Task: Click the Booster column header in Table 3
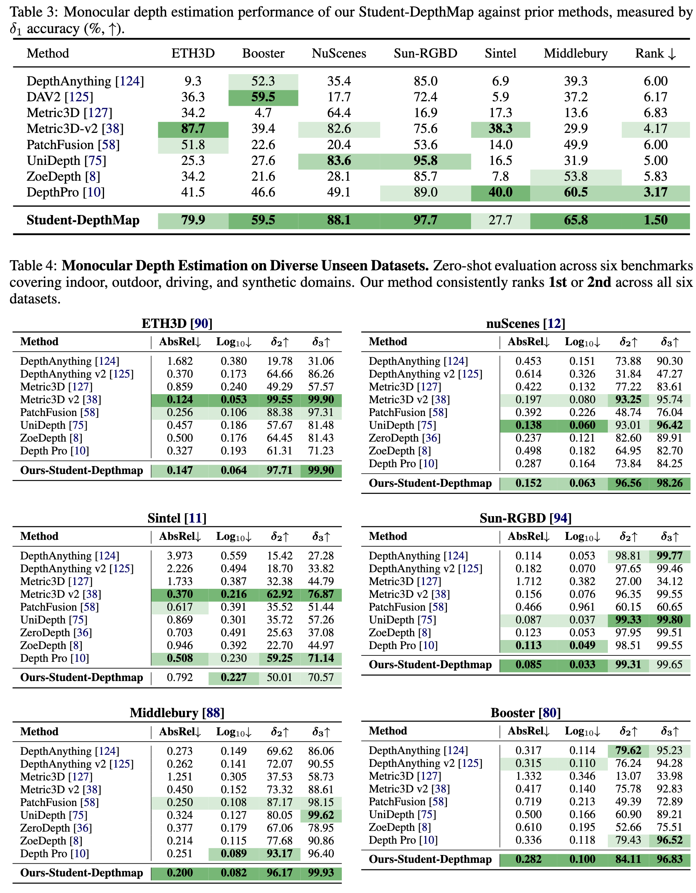click(263, 53)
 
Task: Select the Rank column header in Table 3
click(655, 53)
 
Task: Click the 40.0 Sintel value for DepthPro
click(500, 193)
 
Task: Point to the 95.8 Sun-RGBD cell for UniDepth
click(425, 161)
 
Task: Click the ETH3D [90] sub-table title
click(177, 324)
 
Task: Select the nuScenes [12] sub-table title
click(525, 324)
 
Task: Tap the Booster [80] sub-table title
click(525, 713)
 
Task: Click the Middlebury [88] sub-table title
click(177, 713)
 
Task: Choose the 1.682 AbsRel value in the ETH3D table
click(180, 361)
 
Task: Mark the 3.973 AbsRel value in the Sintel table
click(180, 556)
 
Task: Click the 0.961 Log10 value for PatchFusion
click(582, 607)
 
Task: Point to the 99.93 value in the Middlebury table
click(321, 873)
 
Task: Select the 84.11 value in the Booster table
click(628, 859)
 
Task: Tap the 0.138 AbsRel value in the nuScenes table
click(528, 426)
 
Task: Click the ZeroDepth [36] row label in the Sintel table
click(56, 633)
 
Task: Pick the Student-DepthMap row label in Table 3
click(83, 220)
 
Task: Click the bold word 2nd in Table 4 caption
click(599, 282)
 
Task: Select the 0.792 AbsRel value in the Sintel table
click(180, 678)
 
